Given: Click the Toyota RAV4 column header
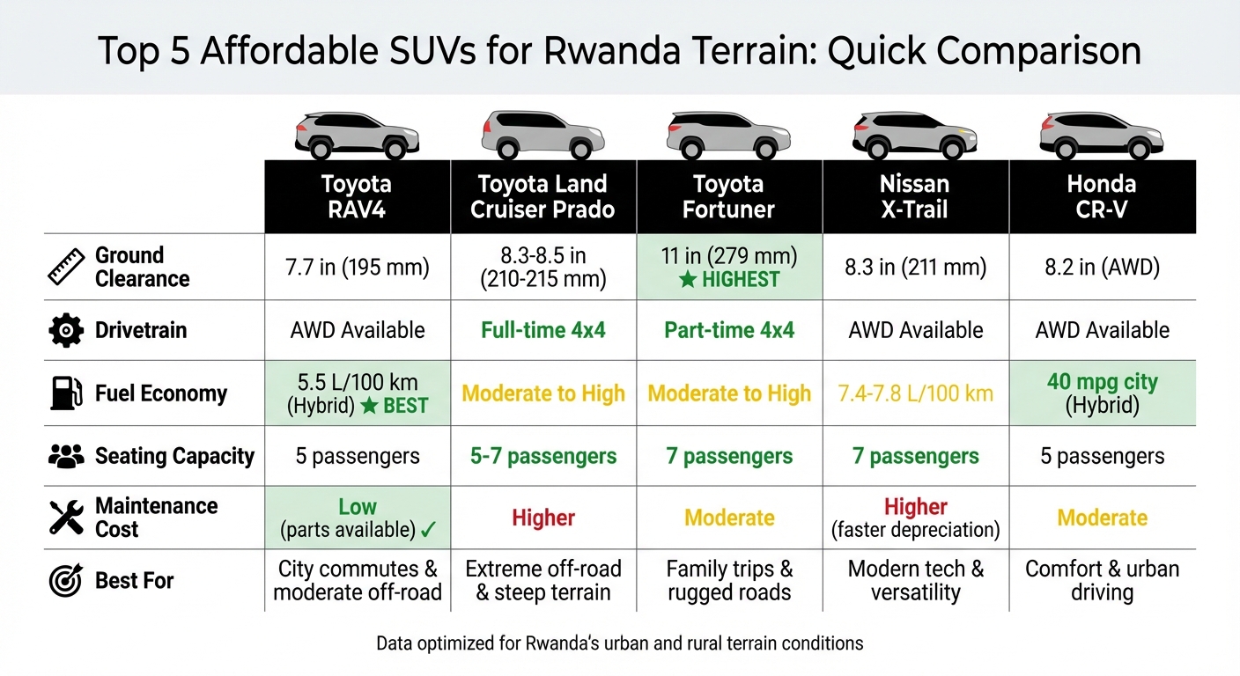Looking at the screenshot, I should (x=357, y=196).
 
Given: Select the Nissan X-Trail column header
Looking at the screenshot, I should (x=915, y=196).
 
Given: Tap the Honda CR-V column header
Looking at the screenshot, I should (x=1102, y=196).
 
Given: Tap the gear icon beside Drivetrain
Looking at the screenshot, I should (x=66, y=331).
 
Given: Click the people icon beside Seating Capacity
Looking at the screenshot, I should (x=66, y=456).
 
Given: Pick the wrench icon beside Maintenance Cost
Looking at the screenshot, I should (x=66, y=518).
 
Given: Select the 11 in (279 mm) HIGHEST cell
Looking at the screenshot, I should (x=729, y=268).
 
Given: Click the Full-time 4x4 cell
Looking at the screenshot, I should (x=542, y=330).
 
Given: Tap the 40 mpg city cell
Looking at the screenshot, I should (x=1102, y=393).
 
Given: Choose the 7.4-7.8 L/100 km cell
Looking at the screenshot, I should (x=915, y=393).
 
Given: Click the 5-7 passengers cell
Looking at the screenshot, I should (x=542, y=456).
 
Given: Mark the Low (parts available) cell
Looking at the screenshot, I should (x=357, y=518).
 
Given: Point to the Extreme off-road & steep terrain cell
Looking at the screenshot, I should (x=542, y=581).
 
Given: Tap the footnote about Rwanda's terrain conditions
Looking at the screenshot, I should (x=619, y=643).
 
